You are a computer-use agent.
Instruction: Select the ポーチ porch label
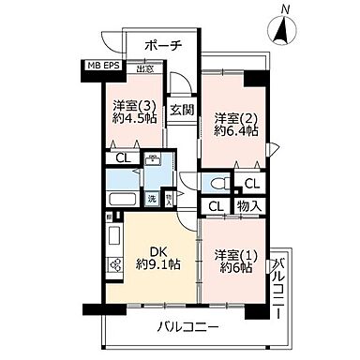pyautogui.click(x=164, y=46)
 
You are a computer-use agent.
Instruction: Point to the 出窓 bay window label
pyautogui.click(x=145, y=68)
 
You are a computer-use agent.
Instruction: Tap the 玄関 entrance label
pyautogui.click(x=182, y=111)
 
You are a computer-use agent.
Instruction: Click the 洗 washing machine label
pyautogui.click(x=150, y=200)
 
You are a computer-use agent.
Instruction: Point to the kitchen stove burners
pyautogui.click(x=114, y=265)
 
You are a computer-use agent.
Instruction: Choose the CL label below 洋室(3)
pyautogui.click(x=122, y=157)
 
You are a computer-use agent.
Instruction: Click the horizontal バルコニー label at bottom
pyautogui.click(x=188, y=327)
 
